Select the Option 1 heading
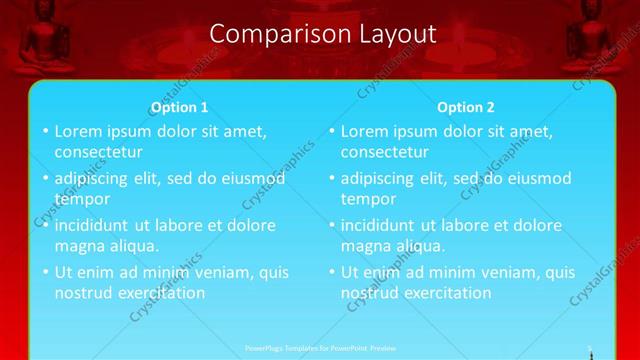coord(180,107)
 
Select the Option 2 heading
coord(466,107)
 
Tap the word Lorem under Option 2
coord(367,131)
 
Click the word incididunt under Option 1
coord(93,225)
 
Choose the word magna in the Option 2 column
coord(366,246)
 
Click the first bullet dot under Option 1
coord(45,132)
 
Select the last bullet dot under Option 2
coord(331,273)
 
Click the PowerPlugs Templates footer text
coord(320,348)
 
